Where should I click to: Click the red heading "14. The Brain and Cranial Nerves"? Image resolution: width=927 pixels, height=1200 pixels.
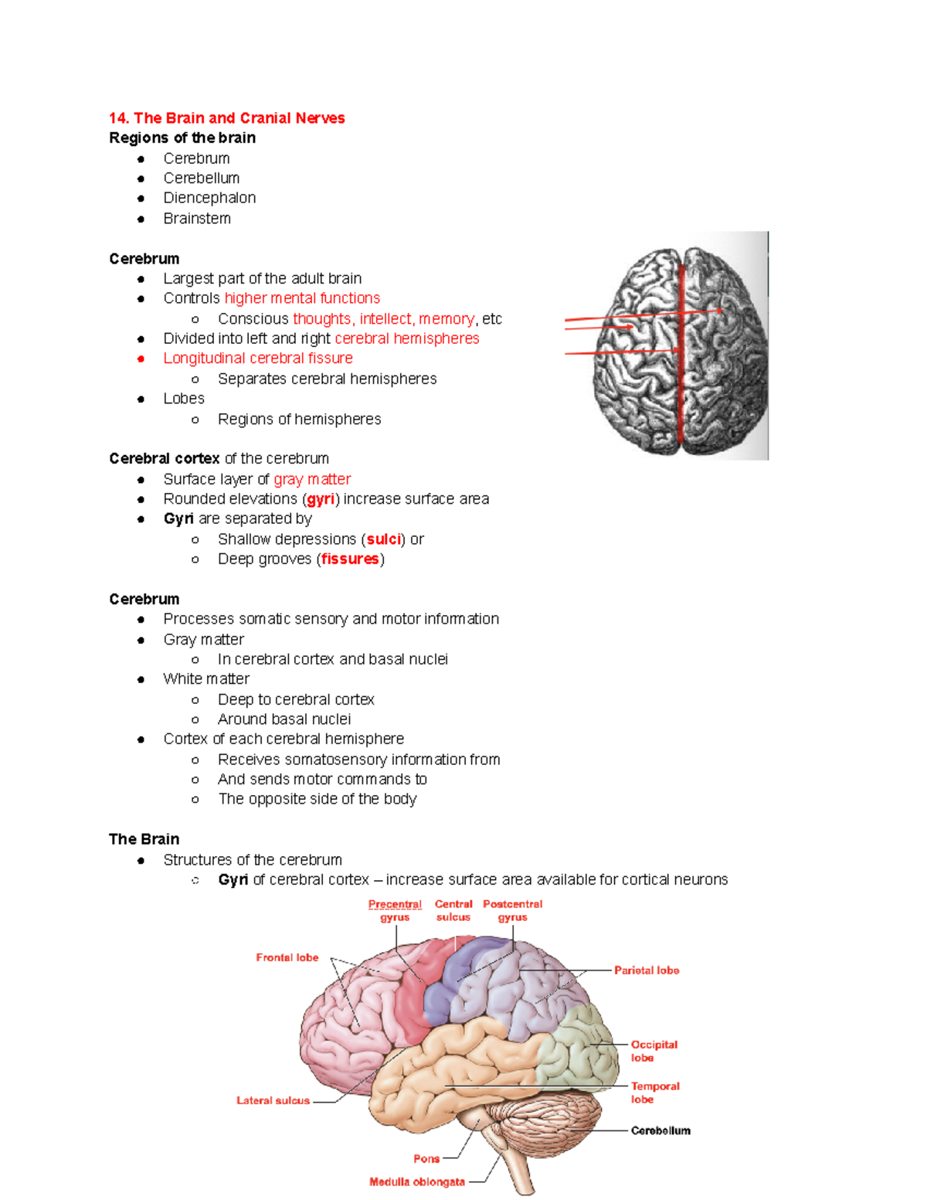(x=226, y=118)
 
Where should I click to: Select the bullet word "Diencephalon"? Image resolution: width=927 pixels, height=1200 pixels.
(x=209, y=198)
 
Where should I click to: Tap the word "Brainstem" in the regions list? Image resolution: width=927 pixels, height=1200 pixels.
(x=197, y=219)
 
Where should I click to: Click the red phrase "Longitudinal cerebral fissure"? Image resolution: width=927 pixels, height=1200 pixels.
(x=258, y=359)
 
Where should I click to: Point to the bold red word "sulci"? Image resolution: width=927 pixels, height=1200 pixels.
(x=383, y=539)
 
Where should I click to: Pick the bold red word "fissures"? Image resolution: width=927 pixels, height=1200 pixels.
(x=350, y=559)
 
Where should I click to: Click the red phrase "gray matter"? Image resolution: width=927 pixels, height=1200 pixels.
(x=312, y=479)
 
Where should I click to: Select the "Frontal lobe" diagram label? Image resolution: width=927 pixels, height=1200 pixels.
(x=287, y=957)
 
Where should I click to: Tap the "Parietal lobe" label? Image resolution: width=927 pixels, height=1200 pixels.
(x=647, y=971)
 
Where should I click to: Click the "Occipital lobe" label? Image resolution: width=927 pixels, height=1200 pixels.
(x=654, y=1051)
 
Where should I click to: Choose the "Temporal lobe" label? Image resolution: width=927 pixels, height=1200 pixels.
(x=654, y=1093)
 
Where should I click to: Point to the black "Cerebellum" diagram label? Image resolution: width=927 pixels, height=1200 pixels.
(x=660, y=1130)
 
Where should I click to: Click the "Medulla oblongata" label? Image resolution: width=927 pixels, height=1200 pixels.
(x=417, y=1181)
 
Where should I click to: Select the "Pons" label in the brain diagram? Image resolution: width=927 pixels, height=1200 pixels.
(x=426, y=1158)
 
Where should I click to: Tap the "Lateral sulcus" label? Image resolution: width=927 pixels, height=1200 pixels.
(x=273, y=1100)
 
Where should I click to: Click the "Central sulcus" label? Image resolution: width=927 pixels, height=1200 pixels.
(x=453, y=910)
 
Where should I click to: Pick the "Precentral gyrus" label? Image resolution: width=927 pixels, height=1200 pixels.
(x=395, y=910)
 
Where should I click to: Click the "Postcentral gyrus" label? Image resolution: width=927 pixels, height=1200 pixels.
(x=512, y=910)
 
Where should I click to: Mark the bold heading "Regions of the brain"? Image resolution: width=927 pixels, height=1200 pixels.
(x=182, y=138)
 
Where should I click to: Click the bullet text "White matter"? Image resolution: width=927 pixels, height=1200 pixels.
(x=206, y=678)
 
